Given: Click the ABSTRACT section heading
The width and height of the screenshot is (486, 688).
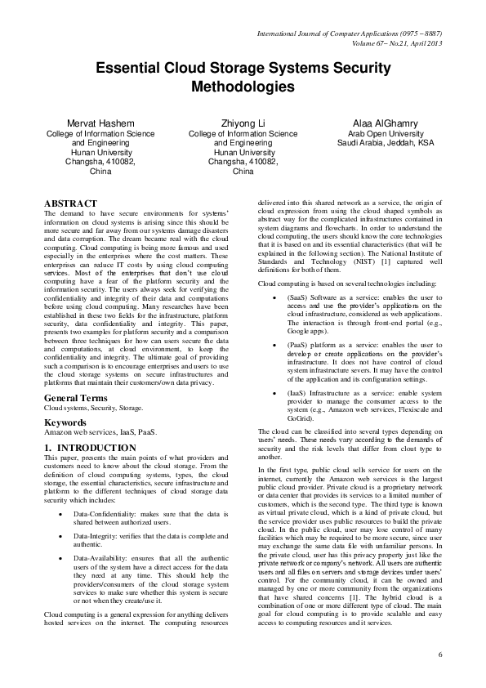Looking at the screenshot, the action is [70, 203].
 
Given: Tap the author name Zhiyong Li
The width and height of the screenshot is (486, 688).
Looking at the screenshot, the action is [243, 123].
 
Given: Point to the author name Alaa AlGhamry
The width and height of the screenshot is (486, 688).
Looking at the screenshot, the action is [384, 123].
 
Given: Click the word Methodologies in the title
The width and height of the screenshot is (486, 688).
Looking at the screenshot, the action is [243, 86].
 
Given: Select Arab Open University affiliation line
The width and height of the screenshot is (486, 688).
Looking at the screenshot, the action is [384, 133].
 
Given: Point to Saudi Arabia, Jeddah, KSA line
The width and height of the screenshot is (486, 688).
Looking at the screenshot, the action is [384, 143].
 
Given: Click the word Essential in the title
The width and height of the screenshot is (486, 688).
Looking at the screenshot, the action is [132, 70].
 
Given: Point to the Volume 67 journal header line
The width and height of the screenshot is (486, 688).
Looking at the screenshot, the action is [398, 42].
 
